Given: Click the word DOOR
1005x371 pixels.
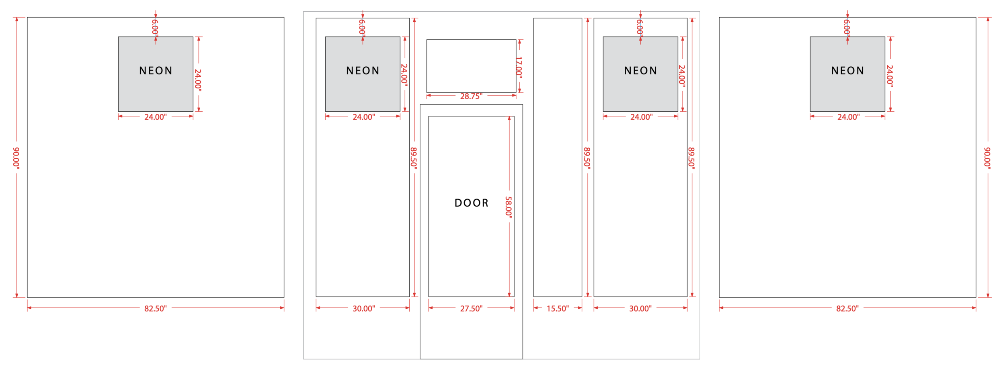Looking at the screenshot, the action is pos(471,203).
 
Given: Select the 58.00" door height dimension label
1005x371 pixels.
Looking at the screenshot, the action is pos(509,207).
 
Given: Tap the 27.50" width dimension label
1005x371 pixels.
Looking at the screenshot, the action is pos(471,308).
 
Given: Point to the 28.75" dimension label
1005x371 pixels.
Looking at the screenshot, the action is pos(471,96).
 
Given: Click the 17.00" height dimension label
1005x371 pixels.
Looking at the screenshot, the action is pos(519,67).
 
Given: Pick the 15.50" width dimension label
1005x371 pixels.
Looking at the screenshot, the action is pos(558,308).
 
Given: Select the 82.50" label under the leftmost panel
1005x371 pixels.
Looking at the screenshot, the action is pos(156,308).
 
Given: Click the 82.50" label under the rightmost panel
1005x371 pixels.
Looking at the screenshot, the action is pos(847,308).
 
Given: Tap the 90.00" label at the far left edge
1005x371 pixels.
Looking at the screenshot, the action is pos(16,158).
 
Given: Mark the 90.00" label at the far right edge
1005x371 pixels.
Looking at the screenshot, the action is pos(987,158).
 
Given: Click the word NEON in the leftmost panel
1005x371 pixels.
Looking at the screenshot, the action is pos(156,71).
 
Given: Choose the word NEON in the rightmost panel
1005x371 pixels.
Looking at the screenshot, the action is pos(847,71).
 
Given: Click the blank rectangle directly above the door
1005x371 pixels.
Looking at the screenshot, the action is pos(471,66).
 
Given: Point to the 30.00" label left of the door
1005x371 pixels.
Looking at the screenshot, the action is pos(364,308).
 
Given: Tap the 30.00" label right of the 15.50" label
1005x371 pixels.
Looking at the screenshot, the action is pos(640,308).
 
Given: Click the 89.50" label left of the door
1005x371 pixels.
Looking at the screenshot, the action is pos(414,158).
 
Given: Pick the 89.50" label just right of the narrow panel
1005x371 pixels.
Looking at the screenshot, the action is pos(587,158).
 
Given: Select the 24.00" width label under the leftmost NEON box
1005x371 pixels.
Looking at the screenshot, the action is pos(156,117).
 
